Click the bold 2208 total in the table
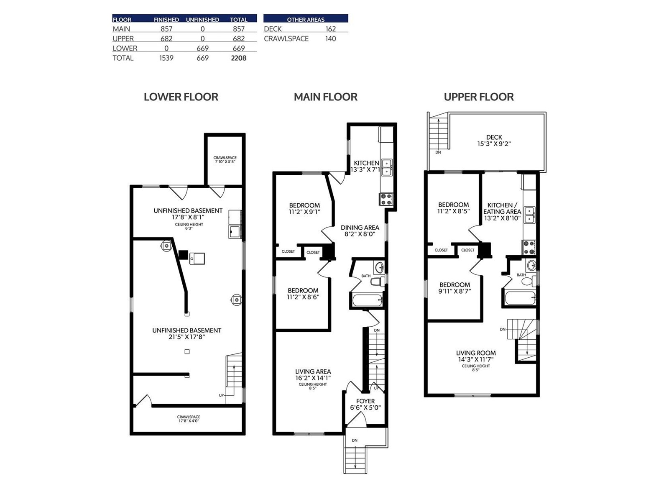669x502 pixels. pyautogui.click(x=238, y=58)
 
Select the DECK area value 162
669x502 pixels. pyautogui.click(x=330, y=29)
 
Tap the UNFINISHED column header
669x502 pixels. pyautogui.click(x=202, y=20)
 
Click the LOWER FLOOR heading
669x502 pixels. pyautogui.click(x=181, y=97)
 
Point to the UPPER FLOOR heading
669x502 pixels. pyautogui.click(x=478, y=97)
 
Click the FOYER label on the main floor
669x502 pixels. pyautogui.click(x=365, y=401)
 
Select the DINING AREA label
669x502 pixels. pyautogui.click(x=360, y=228)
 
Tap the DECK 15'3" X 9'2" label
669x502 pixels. pyautogui.click(x=494, y=141)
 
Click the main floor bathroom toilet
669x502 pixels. pyautogui.click(x=378, y=281)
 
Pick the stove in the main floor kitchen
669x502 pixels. pyautogui.click(x=386, y=199)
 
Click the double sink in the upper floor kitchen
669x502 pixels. pyautogui.click(x=529, y=215)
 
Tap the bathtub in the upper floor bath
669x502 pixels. pyautogui.click(x=520, y=298)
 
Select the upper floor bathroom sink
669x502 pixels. pyautogui.click(x=531, y=265)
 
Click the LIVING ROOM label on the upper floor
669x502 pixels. pyautogui.click(x=476, y=353)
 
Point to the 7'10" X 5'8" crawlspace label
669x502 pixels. pyautogui.click(x=225, y=161)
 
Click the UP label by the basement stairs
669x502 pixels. pyautogui.click(x=221, y=395)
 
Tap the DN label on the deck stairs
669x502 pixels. pyautogui.click(x=438, y=152)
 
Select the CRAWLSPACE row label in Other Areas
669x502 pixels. pyautogui.click(x=286, y=39)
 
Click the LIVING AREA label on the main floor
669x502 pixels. pyautogui.click(x=313, y=371)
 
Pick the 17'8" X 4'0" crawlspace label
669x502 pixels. pyautogui.click(x=189, y=421)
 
